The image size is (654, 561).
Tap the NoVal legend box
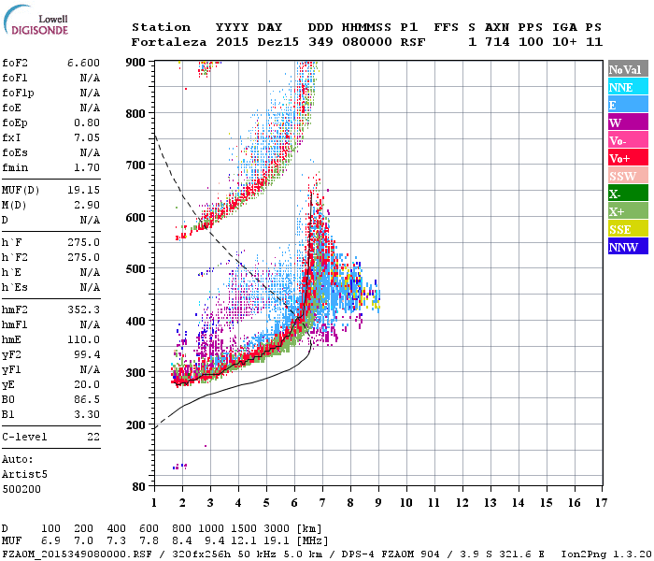[626, 69]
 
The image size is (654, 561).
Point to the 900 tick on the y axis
[136, 62]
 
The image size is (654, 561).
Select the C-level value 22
[93, 437]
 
